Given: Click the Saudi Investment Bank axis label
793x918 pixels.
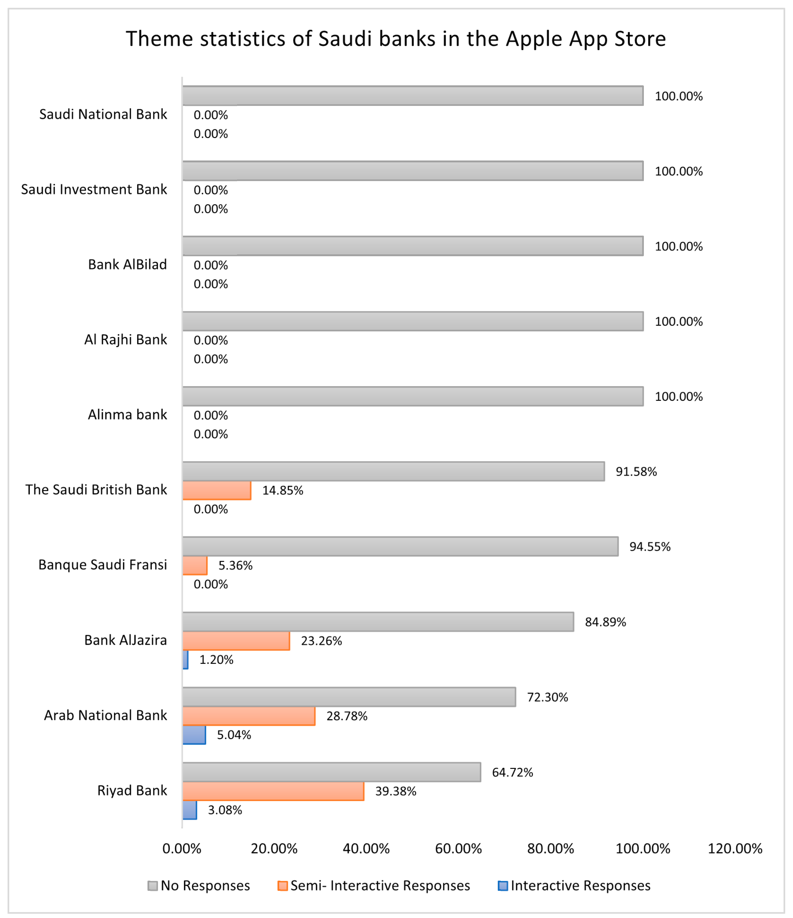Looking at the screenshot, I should pyautogui.click(x=94, y=190).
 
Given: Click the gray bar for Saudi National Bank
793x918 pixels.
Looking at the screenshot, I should pyautogui.click(x=412, y=96).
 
